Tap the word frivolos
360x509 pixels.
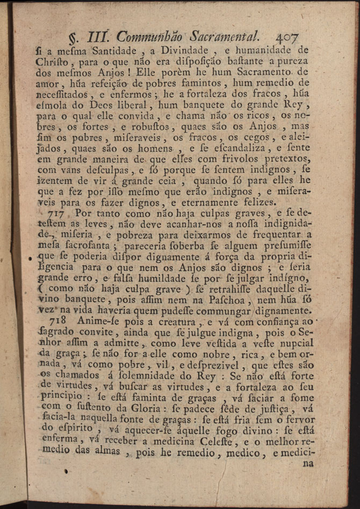222,157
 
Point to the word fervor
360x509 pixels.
296,419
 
